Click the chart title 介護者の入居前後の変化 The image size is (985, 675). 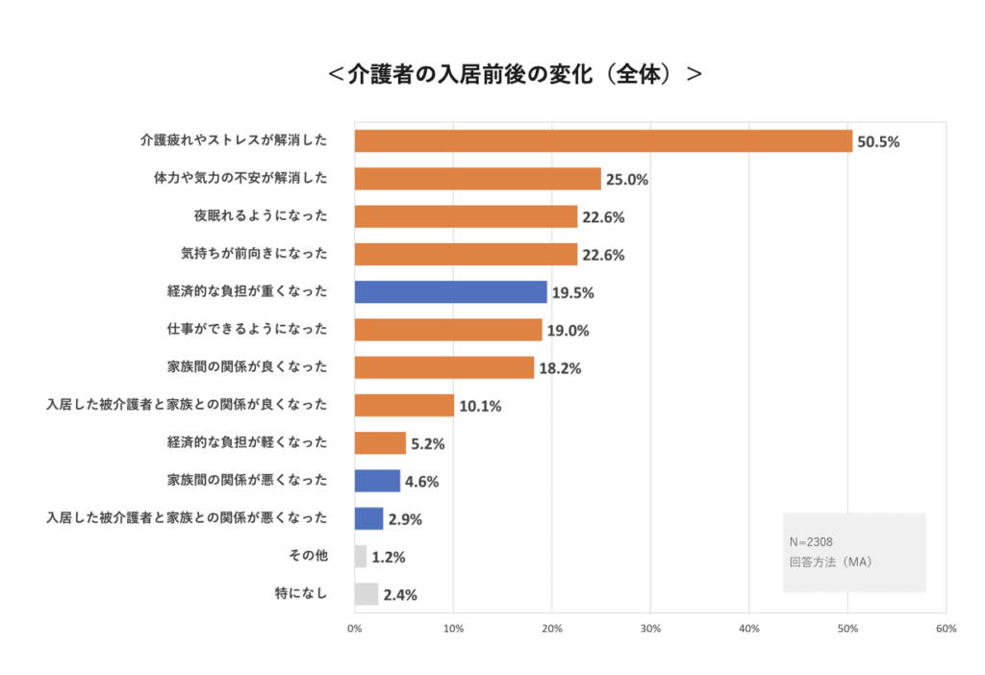(x=515, y=74)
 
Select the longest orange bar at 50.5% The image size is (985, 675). (x=603, y=140)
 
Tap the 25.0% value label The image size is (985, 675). (x=626, y=180)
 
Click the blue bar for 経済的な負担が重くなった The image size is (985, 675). (x=450, y=291)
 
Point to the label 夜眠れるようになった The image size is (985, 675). (x=261, y=215)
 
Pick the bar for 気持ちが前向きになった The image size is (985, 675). (x=466, y=254)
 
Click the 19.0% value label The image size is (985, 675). (x=568, y=331)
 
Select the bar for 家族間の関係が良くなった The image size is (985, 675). (x=443, y=367)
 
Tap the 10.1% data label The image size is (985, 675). (x=480, y=406)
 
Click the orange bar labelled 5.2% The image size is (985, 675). (x=380, y=442)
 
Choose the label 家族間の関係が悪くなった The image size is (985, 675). (x=247, y=480)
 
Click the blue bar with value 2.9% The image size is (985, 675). (x=368, y=518)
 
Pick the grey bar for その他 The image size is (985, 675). (x=361, y=556)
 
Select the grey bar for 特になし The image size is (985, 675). (x=366, y=594)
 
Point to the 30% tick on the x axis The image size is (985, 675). (x=650, y=629)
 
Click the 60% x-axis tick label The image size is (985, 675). (x=946, y=629)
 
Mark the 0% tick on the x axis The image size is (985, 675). (x=354, y=629)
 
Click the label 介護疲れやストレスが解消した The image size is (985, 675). (x=234, y=140)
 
